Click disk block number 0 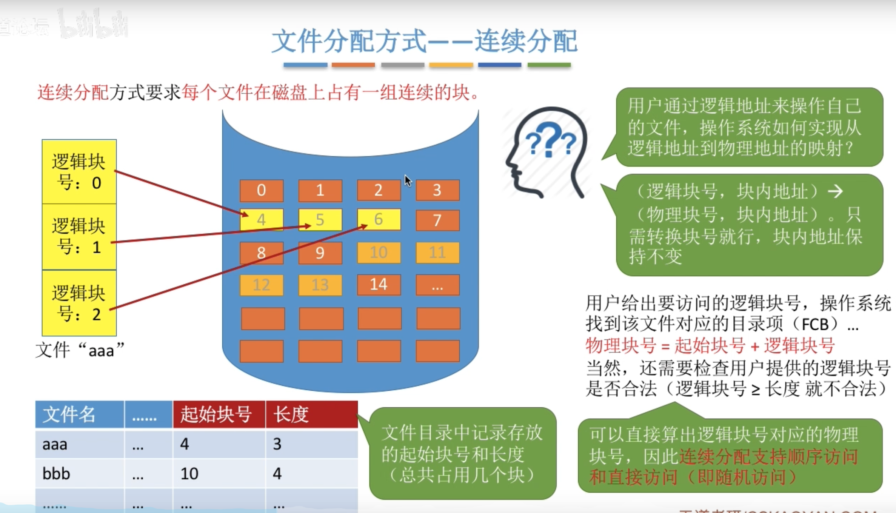[261, 190]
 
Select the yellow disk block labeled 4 [261, 220]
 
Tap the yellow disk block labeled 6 [379, 220]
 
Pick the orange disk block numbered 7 [437, 220]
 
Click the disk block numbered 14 [379, 285]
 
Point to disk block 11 [437, 253]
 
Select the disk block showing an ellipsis [437, 285]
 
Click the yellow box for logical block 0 [79, 172]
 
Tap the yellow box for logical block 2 [79, 303]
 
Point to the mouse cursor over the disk [408, 180]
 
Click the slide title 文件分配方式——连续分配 [425, 41]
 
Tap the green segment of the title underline [549, 65]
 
